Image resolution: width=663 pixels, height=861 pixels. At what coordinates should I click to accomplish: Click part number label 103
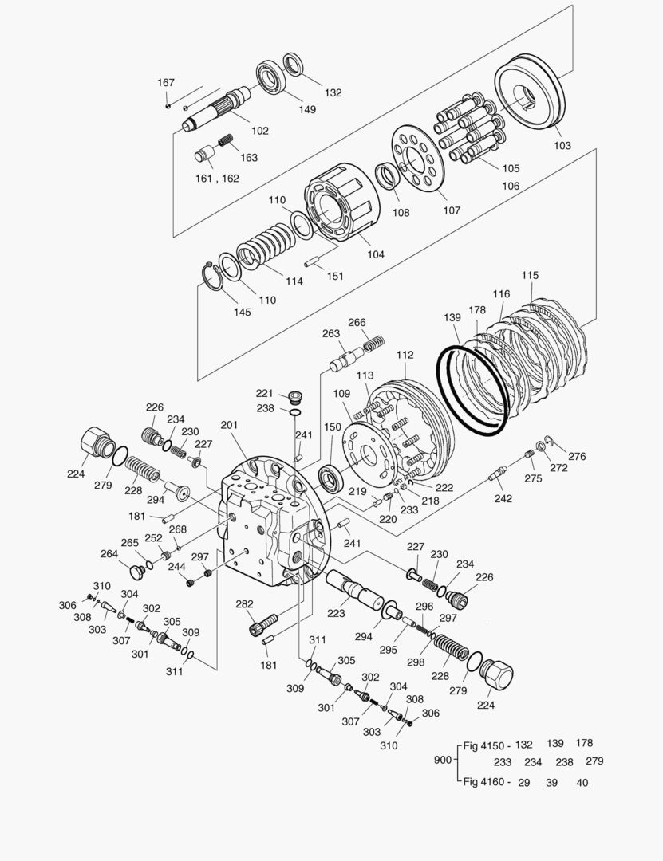(x=562, y=146)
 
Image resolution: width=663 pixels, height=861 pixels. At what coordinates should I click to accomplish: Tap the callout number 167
(x=165, y=83)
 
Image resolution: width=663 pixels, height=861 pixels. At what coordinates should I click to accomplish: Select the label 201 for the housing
(x=230, y=426)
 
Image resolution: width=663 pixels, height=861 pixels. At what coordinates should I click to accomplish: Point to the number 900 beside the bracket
(x=442, y=761)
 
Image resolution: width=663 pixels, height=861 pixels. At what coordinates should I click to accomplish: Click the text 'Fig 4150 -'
(x=487, y=745)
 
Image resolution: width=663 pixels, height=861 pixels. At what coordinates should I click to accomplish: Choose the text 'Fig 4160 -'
(x=487, y=782)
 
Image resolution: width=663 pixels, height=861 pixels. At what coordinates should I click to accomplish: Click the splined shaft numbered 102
(x=215, y=111)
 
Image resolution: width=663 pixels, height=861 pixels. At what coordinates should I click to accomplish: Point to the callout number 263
(x=331, y=334)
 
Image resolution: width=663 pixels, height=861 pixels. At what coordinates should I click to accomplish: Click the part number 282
(x=244, y=604)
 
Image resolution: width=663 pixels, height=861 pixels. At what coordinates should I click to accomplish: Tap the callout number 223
(x=336, y=613)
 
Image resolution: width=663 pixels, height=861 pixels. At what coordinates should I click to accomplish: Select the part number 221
(x=264, y=393)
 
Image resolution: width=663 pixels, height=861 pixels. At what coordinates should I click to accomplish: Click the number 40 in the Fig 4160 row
(x=582, y=783)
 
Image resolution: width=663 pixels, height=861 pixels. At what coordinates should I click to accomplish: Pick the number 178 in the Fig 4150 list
(x=584, y=744)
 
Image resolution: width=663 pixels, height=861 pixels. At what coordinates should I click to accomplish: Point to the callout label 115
(x=530, y=276)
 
